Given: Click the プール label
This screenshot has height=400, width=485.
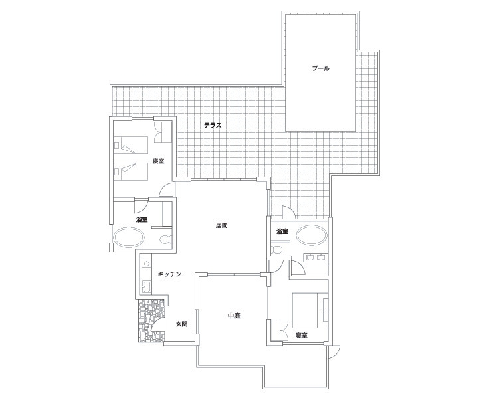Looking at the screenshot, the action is [320, 68].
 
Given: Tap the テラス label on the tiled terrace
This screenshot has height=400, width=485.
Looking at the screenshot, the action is [213, 126].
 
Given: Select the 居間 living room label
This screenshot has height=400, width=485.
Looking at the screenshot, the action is [221, 225].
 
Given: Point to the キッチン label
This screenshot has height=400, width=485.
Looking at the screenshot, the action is [169, 274].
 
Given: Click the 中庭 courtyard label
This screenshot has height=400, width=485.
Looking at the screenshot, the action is [234, 316].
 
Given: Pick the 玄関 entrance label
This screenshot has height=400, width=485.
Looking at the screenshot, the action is [181, 324].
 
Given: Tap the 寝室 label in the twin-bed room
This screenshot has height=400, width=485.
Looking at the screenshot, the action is [158, 161].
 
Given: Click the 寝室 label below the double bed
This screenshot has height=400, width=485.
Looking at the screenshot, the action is [301, 335].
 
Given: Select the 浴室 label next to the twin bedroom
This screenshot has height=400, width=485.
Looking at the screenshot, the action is [142, 219].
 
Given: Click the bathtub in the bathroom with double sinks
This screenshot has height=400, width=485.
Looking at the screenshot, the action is [312, 235].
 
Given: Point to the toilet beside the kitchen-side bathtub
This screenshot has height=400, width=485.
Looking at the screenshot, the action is [166, 239].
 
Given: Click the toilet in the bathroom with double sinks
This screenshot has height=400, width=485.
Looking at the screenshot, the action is [277, 249].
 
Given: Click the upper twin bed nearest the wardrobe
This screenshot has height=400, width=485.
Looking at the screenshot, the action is [131, 146].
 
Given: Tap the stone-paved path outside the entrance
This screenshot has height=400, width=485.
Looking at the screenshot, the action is [151, 320].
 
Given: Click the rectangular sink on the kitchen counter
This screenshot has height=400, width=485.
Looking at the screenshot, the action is [146, 286].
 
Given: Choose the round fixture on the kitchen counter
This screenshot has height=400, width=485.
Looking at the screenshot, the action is [146, 264].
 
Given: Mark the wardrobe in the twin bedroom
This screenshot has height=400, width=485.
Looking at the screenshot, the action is [163, 132].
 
